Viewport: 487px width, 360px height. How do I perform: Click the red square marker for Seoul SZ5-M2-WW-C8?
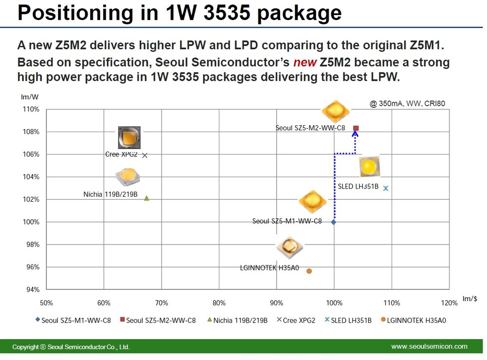click(356, 128)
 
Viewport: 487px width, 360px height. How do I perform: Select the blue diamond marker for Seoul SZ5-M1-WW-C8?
click(334, 222)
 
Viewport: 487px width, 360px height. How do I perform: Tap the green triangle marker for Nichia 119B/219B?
click(147, 198)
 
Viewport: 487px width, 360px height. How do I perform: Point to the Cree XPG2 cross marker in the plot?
click(145, 155)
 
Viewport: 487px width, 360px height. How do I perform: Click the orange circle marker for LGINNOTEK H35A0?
click(309, 271)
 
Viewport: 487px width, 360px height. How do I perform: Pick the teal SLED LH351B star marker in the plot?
click(386, 188)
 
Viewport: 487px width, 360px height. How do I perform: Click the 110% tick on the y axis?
click(32, 109)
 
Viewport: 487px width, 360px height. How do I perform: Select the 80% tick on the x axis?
click(219, 303)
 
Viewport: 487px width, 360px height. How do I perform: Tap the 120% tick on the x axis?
click(449, 303)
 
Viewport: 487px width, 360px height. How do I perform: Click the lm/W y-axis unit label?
click(30, 97)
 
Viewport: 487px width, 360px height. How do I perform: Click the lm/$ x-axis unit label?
click(469, 298)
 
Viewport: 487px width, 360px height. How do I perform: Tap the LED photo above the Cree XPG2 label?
click(129, 137)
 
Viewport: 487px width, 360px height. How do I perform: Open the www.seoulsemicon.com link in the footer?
click(429, 346)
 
